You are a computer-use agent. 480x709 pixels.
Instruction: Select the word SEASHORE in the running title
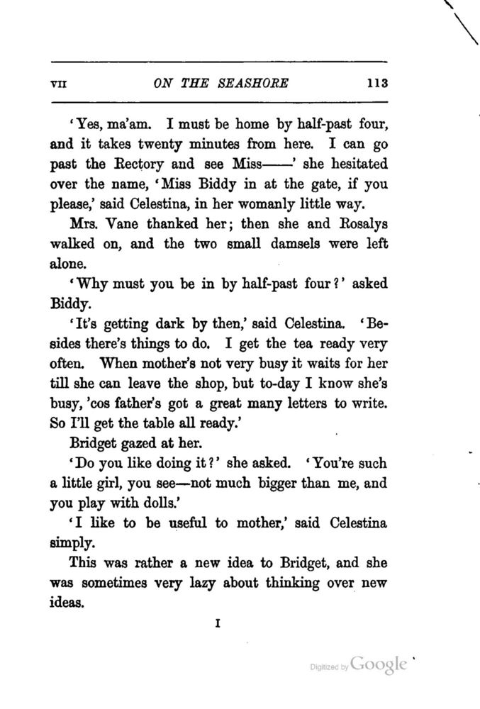point(249,82)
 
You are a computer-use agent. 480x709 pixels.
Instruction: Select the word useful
point(188,525)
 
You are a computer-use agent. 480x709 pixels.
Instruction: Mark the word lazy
point(196,585)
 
